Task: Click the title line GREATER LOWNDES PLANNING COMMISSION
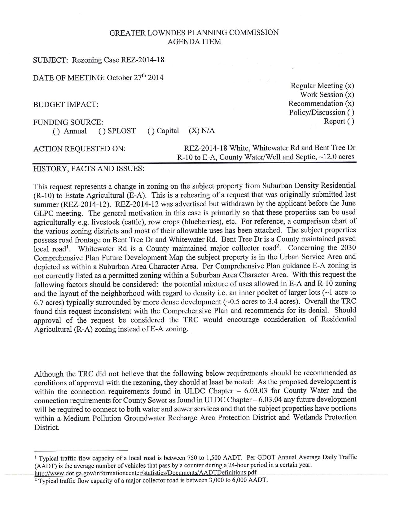[194, 33]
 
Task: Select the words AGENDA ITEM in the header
[194, 41]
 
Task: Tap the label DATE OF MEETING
[69, 78]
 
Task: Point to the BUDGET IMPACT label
[65, 105]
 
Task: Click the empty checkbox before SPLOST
[102, 131]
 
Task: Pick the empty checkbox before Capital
[151, 131]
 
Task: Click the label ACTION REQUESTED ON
[79, 149]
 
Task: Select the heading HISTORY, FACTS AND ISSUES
[89, 169]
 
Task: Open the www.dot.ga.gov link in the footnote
[145, 473]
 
